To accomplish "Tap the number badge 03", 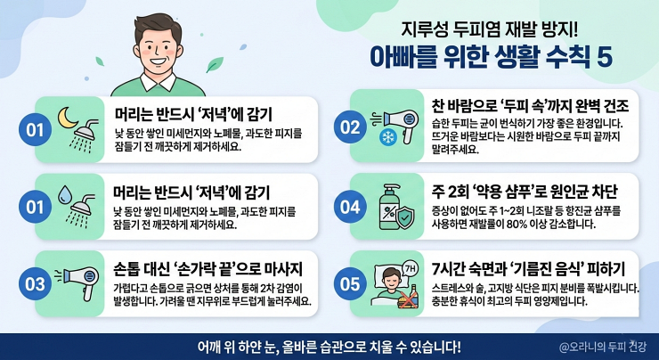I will (34, 285).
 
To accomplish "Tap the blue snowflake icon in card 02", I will (388, 136).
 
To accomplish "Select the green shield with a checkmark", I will (403, 214).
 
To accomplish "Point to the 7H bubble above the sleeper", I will (408, 266).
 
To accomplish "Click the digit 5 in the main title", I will (606, 55).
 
